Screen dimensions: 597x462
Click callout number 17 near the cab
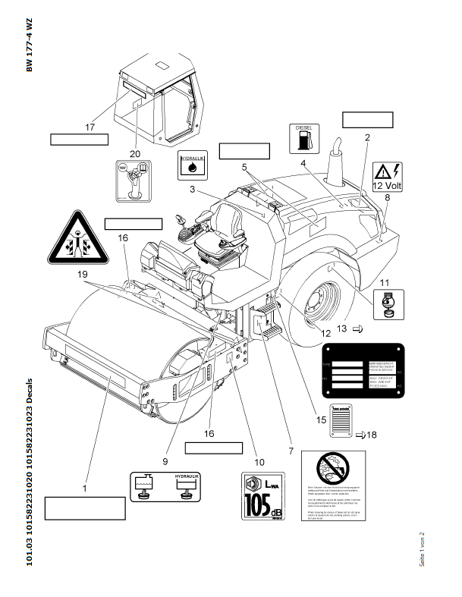coord(90,127)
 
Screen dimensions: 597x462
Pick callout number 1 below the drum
coord(85,489)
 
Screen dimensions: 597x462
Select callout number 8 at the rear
coord(387,197)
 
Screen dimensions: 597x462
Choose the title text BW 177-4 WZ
coord(30,45)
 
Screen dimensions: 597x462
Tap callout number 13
coord(341,328)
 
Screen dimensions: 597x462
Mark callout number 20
coord(135,154)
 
